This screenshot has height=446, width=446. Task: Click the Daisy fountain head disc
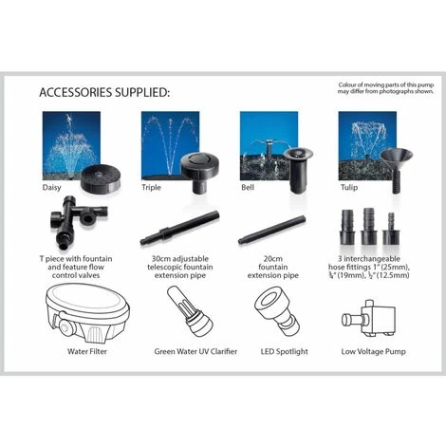pos(100,179)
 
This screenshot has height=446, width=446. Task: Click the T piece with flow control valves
pos(78,222)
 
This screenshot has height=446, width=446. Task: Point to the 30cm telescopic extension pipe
pos(179,229)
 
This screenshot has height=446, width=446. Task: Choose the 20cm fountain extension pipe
pos(272,230)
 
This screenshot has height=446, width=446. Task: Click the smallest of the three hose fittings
pos(391,229)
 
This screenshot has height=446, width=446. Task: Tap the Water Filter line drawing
pos(87,312)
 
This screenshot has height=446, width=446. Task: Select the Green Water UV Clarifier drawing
pos(190,311)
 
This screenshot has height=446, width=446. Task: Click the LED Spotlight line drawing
pos(277,311)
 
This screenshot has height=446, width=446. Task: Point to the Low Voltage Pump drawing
pos(369,318)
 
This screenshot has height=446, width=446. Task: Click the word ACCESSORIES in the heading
pos(76,93)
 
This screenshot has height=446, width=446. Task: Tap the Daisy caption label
pos(51,187)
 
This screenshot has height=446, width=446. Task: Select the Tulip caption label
pos(349,187)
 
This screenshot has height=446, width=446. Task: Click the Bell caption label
pos(248,187)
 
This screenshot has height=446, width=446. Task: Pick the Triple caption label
pos(151,187)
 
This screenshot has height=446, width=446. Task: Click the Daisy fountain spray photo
pos(71,146)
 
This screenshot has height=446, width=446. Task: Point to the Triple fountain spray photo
pos(170,146)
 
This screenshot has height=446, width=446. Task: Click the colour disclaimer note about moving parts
pos(386,88)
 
